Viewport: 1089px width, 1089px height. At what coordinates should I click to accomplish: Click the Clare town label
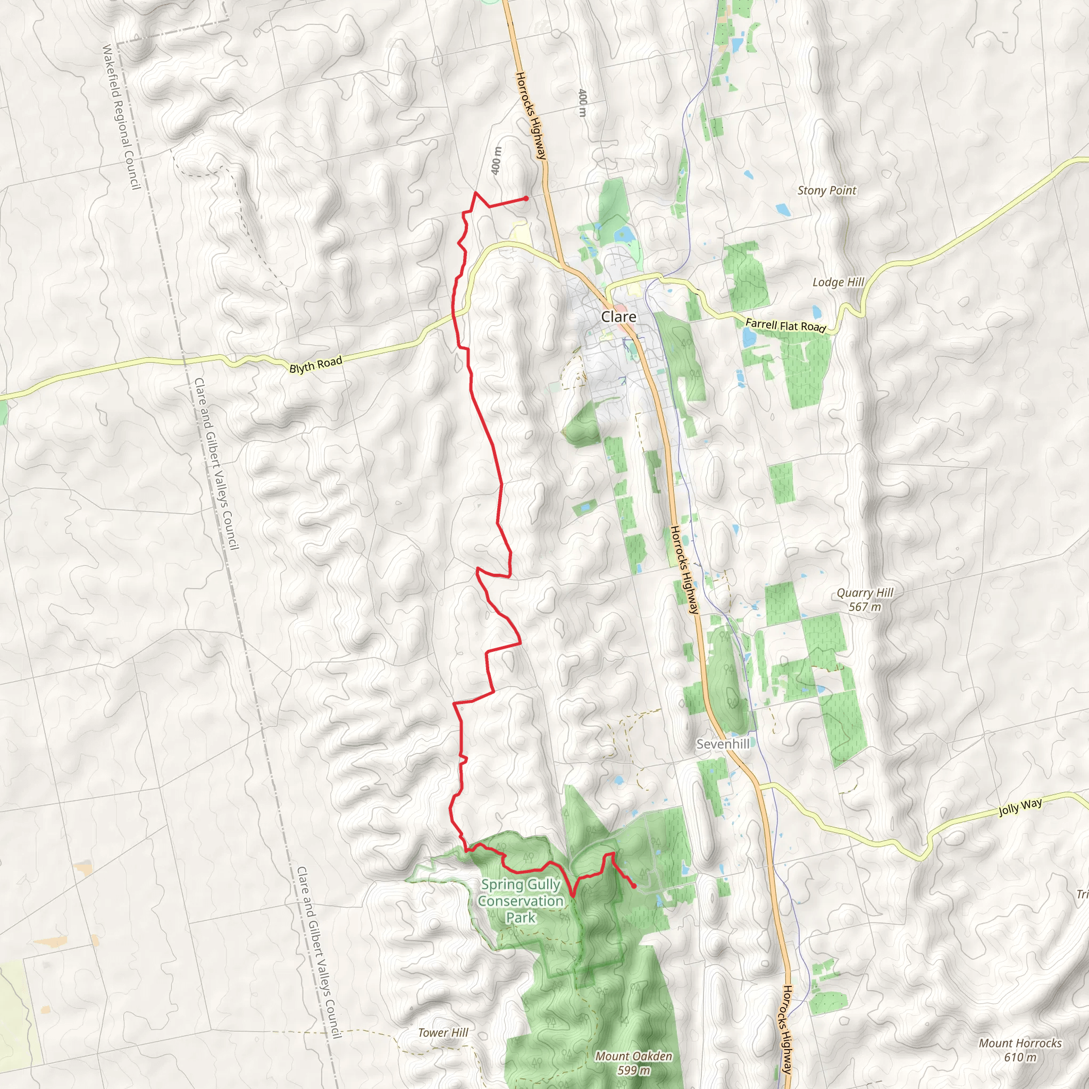click(x=618, y=317)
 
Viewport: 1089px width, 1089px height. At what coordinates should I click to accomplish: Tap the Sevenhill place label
click(x=723, y=744)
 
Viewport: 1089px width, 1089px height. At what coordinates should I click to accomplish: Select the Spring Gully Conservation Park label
click(x=520, y=901)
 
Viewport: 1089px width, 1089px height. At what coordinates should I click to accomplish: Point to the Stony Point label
click(x=826, y=190)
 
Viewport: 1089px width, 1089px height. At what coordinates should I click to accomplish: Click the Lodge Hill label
click(x=837, y=282)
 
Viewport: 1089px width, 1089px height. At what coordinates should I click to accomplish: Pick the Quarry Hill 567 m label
click(x=865, y=599)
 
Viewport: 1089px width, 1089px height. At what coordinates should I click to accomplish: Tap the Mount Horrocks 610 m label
click(x=1020, y=1050)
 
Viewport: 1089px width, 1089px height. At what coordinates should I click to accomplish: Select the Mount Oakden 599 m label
click(x=633, y=1063)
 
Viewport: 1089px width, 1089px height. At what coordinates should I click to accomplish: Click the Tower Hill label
click(x=443, y=1033)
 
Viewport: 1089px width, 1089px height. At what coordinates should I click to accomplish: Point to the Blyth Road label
click(x=316, y=365)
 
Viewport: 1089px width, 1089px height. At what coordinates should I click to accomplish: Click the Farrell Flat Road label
click(x=785, y=326)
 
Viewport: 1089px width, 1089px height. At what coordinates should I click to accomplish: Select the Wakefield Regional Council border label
click(x=120, y=117)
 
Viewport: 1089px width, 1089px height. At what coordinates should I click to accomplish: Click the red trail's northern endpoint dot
click(x=525, y=198)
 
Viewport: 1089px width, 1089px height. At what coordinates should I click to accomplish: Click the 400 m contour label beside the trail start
click(x=496, y=161)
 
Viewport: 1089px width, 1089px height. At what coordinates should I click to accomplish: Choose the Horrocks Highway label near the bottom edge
click(x=788, y=1037)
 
